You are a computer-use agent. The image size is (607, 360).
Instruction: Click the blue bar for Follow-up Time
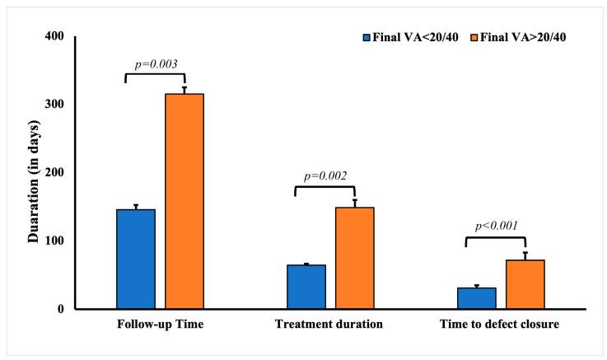click(135, 259)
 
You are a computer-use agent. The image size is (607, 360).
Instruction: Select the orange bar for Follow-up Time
click(184, 201)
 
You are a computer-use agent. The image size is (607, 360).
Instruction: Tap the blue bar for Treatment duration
click(306, 287)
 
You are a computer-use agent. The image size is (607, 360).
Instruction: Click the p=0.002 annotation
click(325, 175)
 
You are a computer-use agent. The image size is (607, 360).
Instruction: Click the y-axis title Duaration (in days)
click(34, 173)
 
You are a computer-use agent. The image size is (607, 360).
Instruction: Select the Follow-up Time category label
click(160, 325)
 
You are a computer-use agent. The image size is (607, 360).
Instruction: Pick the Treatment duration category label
click(329, 325)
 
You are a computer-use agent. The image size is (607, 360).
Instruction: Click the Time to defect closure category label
click(500, 325)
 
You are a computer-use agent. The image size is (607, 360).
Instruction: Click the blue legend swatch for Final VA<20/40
click(368, 37)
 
